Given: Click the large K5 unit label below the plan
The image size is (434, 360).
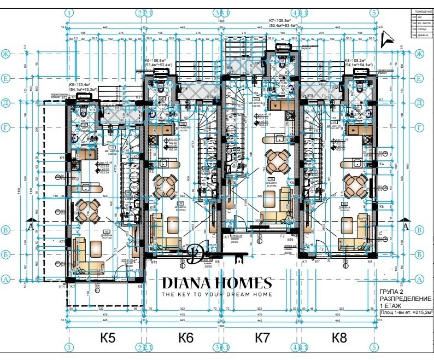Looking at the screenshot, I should pyautogui.click(x=108, y=338).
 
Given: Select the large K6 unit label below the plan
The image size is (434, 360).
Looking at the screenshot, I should pyautogui.click(x=186, y=338).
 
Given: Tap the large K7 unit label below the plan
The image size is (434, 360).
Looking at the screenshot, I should pyautogui.click(x=263, y=338).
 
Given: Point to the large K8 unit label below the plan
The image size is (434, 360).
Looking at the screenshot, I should pyautogui.click(x=339, y=338).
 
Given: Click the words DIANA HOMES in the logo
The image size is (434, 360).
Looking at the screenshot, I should pyautogui.click(x=216, y=283).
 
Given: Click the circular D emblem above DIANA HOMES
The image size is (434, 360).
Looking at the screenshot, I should pyautogui.click(x=193, y=254).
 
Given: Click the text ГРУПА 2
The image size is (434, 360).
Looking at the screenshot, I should pyautogui.click(x=393, y=291).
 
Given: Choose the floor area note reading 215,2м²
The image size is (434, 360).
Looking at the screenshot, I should pyautogui.click(x=405, y=313).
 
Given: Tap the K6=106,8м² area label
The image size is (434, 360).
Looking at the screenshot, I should pyautogui.click(x=158, y=61).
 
